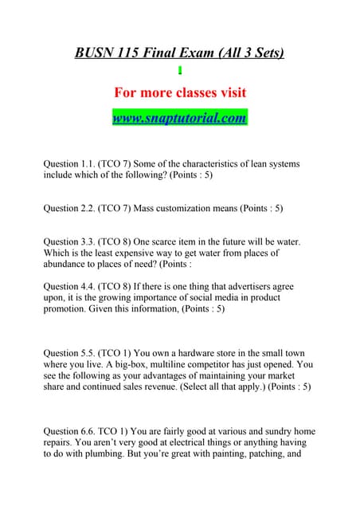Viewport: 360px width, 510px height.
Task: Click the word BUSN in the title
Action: point(94,53)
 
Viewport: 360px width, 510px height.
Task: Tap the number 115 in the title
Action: point(136,53)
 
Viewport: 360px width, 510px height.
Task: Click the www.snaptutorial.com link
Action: point(179,118)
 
